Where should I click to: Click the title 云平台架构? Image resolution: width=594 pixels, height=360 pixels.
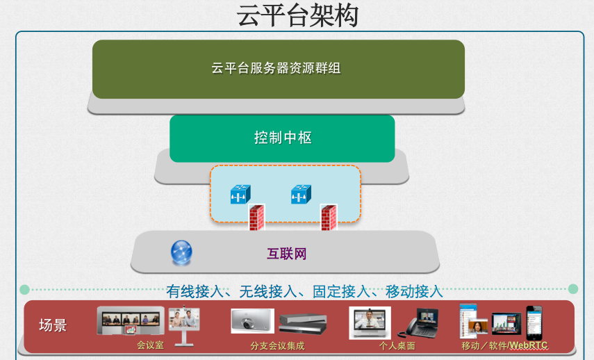click(297, 16)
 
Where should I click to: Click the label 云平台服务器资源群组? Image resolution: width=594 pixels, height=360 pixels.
click(277, 68)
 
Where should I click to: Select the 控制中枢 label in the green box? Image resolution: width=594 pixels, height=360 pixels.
click(283, 138)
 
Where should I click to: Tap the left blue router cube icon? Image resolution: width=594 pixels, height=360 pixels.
click(240, 195)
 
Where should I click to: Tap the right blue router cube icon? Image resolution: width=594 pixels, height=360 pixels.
click(301, 195)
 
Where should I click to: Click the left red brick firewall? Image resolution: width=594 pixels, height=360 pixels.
click(256, 218)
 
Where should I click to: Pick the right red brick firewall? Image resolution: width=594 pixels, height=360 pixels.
click(329, 218)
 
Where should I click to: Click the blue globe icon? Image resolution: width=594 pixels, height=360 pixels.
click(181, 252)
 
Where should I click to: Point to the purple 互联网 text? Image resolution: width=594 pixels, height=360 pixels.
click(286, 254)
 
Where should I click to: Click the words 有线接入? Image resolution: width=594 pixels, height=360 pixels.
click(195, 291)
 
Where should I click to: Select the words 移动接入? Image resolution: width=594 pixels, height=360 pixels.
click(414, 291)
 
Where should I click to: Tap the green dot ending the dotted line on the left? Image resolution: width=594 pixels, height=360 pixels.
click(24, 290)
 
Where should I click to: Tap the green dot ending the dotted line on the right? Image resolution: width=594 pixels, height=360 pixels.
click(573, 289)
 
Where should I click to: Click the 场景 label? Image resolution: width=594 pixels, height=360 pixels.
click(53, 325)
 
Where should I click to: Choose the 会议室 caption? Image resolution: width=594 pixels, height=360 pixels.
click(150, 345)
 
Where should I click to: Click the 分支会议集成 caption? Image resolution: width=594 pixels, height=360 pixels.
click(277, 345)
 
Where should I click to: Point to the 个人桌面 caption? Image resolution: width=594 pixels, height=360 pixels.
click(397, 345)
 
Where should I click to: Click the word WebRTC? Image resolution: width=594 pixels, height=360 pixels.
click(529, 345)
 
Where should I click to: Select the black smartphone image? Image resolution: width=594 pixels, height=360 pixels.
click(534, 323)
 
